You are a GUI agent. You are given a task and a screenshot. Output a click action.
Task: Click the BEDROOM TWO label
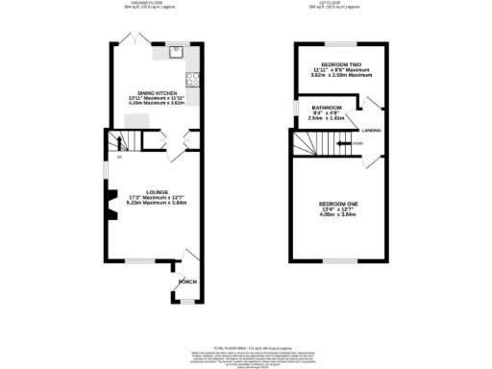pos(335,66)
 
